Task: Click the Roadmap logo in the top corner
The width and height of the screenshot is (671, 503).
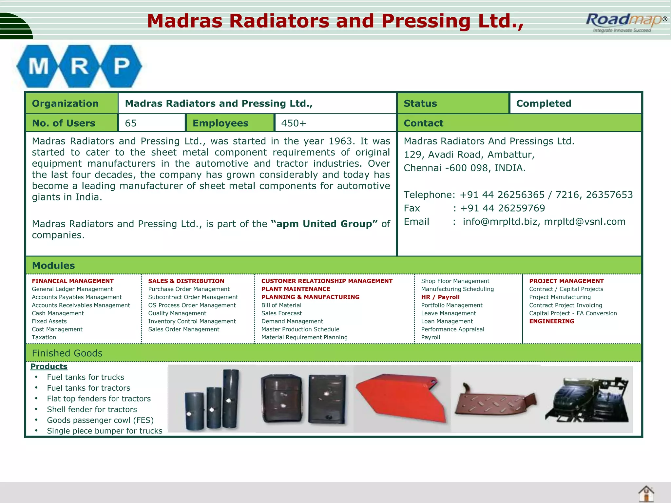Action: pos(624,22)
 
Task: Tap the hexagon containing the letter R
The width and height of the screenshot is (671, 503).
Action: pos(79,66)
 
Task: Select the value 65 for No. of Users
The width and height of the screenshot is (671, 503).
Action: pos(131,123)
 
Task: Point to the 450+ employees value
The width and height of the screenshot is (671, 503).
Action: pos(294,123)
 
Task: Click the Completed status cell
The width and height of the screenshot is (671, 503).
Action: pos(544,103)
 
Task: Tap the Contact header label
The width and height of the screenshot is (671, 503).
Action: pos(423,123)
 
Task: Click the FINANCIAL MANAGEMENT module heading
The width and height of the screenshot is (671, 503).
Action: pos(73,281)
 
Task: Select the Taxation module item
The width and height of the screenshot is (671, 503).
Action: pos(44,337)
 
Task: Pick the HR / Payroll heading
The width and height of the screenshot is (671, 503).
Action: pos(440,297)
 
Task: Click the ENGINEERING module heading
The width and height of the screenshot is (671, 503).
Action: pos(551,321)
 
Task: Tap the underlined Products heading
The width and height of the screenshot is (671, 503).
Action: pos(49,366)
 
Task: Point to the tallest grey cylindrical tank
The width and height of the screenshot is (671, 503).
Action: pos(231,398)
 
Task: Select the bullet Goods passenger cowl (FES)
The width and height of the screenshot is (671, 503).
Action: pos(100,420)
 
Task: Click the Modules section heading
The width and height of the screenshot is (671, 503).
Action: pos(53,266)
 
